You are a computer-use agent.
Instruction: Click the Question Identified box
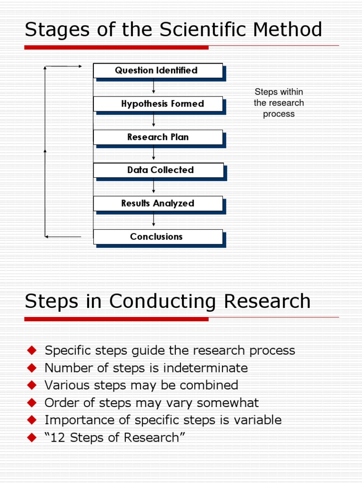pos(157,71)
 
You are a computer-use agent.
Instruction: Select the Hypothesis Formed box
pos(157,104)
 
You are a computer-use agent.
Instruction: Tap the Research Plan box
pos(157,137)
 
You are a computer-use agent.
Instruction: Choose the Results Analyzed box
pos(157,204)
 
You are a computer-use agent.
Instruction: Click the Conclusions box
pos(157,237)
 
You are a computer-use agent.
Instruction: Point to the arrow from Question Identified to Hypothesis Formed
pos(154,87)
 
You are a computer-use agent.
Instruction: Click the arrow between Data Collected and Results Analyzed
pos(154,187)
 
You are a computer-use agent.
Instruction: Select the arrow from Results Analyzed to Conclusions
pos(154,220)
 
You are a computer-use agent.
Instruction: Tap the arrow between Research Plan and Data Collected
pos(154,154)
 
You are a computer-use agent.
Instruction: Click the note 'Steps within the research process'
pos(279,103)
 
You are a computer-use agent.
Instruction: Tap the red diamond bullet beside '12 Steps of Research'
pos(32,438)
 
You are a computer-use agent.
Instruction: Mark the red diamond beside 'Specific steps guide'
pos(32,350)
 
